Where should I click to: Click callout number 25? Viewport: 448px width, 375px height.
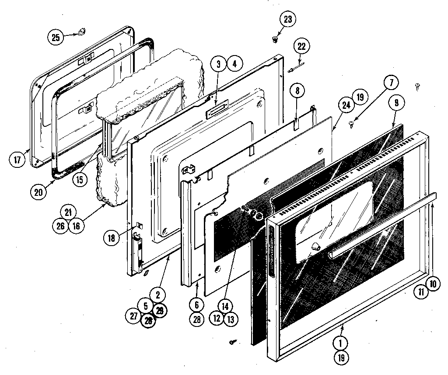tap(56, 37)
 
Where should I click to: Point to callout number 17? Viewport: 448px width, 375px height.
tap(17, 160)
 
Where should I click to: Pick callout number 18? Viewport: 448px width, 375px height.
tap(111, 238)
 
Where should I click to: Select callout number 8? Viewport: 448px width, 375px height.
tap(297, 91)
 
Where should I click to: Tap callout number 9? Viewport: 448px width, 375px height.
tap(396, 103)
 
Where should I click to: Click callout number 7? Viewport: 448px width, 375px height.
tap(392, 82)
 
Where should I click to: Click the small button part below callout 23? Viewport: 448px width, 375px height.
tap(275, 40)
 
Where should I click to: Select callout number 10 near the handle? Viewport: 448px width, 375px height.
tap(432, 284)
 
